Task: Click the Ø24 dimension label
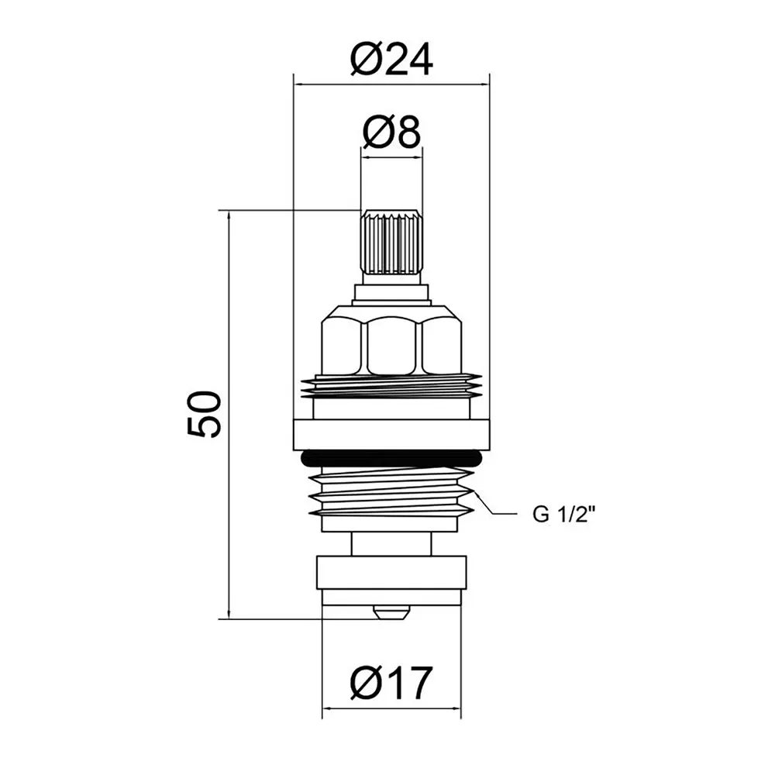pos(391,60)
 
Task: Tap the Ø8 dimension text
pos(391,132)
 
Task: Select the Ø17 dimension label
pos(391,683)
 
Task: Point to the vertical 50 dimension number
pos(204,414)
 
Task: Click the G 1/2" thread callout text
pos(563,515)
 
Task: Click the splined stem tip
pos(391,242)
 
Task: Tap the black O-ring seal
pos(391,458)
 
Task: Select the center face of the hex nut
pos(394,346)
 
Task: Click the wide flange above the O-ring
pos(391,435)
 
